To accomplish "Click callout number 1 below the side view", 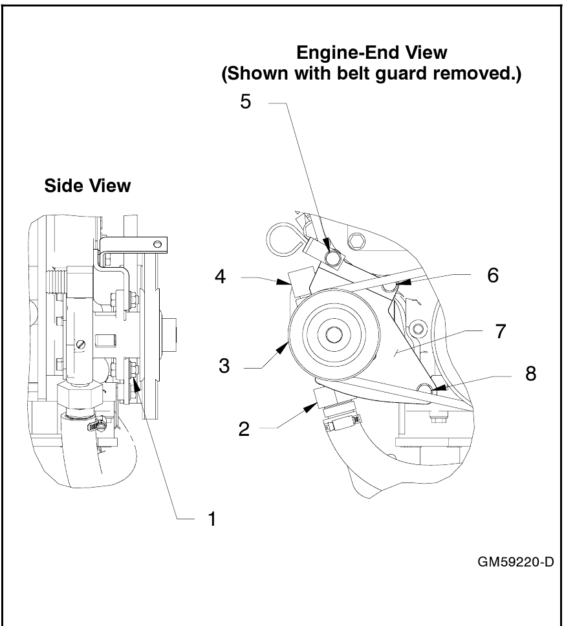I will coord(211,519).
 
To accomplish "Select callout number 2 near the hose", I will coord(244,429).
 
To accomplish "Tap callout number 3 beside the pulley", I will coord(224,366).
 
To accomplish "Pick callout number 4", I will coord(221,277).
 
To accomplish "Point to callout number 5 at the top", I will coord(246,103).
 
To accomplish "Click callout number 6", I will coord(492,275).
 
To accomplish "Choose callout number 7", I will coord(499,332).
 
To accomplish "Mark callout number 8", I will coord(530,374).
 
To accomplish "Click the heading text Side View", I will coord(87,186).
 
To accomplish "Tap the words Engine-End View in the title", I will coord(371,52).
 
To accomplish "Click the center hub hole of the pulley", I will coord(334,334).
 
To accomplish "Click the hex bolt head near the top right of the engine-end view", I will coord(354,243).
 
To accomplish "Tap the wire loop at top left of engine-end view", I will coord(280,236).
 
